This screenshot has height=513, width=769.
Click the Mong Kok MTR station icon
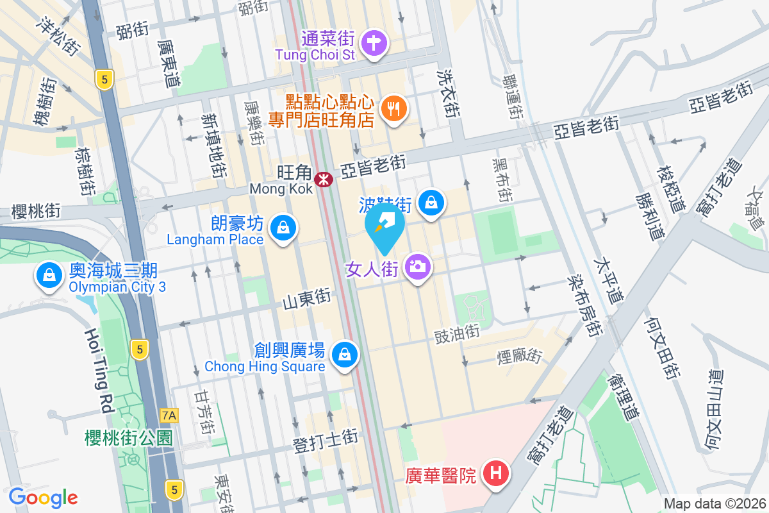[324, 179]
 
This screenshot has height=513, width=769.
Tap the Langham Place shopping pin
[282, 228]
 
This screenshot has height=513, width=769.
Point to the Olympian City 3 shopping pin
[49, 275]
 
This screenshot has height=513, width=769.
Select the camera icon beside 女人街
[417, 265]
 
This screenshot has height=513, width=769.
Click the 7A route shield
[169, 416]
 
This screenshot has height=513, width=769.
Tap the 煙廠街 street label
[520, 355]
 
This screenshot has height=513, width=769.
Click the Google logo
[43, 497]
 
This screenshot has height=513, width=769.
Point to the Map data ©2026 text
[714, 503]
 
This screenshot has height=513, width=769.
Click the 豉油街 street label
[457, 333]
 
